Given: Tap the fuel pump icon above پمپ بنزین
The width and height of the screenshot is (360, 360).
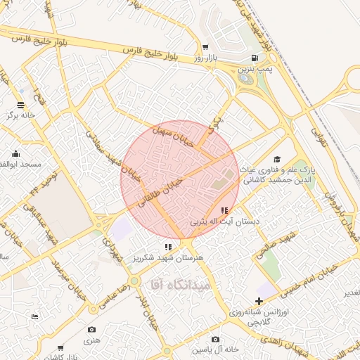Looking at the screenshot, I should [x=254, y=58].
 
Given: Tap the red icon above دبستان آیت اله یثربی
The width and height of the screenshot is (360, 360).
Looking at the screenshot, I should [x=224, y=210].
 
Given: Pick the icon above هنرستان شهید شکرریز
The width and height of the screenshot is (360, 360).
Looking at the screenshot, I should [x=167, y=247].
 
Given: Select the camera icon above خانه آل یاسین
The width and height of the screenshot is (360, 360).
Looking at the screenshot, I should [x=215, y=339].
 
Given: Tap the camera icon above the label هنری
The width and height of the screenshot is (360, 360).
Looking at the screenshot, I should [x=91, y=330].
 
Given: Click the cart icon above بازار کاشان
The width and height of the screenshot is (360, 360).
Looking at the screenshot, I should [x=60, y=347].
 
